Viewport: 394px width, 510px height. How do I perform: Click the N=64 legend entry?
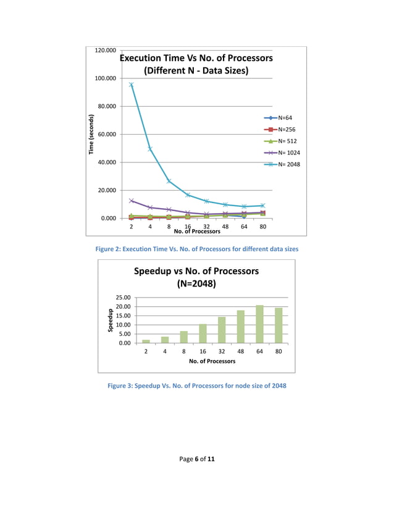point(285,117)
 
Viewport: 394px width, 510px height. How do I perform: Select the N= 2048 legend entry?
point(288,164)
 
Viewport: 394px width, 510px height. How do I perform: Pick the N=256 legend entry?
point(286,129)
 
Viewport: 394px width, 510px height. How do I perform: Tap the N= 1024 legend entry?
point(288,153)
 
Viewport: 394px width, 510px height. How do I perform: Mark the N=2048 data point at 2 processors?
point(132,85)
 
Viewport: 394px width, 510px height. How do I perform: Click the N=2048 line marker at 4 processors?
point(150,149)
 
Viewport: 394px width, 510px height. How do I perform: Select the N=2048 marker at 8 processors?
point(169,181)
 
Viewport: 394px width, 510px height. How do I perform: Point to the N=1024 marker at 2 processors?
point(132,201)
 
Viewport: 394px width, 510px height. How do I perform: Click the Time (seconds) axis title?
point(91,135)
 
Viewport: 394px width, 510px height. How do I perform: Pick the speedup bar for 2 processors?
point(146,341)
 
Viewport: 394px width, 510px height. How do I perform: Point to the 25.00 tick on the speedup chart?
point(122,298)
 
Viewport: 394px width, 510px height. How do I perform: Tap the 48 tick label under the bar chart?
point(240,351)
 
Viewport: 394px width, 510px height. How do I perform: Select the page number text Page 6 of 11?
point(197,459)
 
